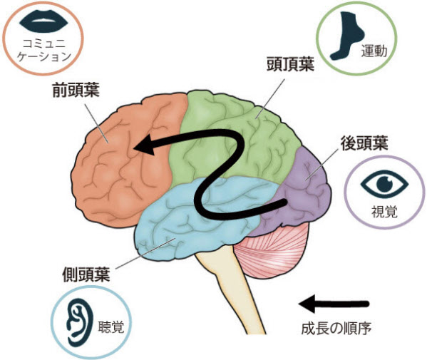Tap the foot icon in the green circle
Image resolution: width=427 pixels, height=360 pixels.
pyautogui.click(x=347, y=36)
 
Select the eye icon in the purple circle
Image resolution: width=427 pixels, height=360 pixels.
pyautogui.click(x=384, y=183)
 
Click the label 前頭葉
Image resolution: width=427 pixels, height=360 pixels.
pyautogui.click(x=76, y=90)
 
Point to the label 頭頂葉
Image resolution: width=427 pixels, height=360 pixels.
pyautogui.click(x=290, y=63)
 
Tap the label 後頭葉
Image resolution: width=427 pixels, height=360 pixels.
pyautogui.click(x=364, y=143)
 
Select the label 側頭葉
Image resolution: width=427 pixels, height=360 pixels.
pyautogui.click(x=86, y=274)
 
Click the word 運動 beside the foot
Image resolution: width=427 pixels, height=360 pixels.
pyautogui.click(x=374, y=51)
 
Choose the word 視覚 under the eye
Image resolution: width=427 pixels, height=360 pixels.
pyautogui.click(x=384, y=211)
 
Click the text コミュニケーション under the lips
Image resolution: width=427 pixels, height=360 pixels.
pyautogui.click(x=44, y=50)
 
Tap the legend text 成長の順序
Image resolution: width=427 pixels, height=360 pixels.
pyautogui.click(x=336, y=329)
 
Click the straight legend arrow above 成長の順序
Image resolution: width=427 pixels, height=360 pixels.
pyautogui.click(x=334, y=304)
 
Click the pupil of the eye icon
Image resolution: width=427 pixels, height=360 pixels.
pyautogui.click(x=384, y=183)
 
